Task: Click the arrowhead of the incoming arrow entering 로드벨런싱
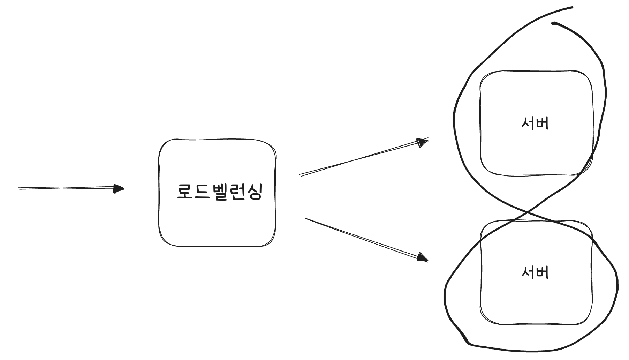point(120,189)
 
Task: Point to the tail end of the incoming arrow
point(19,188)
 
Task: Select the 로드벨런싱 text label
point(219,192)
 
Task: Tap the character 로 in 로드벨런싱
point(185,192)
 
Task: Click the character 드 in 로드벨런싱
point(202,192)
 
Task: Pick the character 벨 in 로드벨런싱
point(219,192)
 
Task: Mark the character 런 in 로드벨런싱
point(236,192)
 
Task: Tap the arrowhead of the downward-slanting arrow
point(423,258)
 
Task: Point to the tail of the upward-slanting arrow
point(300,175)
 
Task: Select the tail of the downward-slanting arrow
point(306,219)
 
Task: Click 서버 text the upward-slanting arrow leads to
point(535,123)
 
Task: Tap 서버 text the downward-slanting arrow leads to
point(535,272)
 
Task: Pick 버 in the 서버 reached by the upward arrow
point(542,123)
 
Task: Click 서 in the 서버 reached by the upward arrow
point(528,123)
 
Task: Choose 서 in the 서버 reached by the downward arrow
point(528,272)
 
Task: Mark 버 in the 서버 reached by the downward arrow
point(542,272)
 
